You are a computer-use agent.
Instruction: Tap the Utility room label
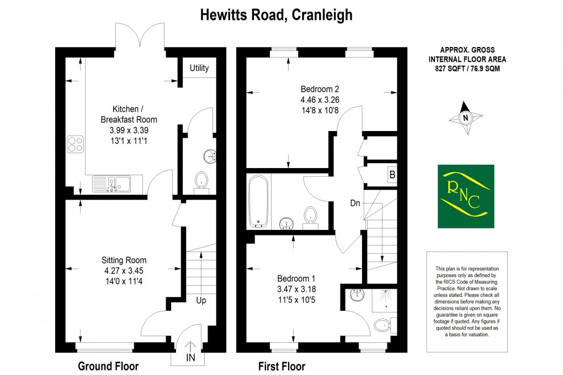(199, 68)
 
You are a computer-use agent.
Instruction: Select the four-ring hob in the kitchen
(76, 144)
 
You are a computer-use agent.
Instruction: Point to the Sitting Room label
(124, 260)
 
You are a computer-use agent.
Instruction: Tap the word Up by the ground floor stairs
(201, 300)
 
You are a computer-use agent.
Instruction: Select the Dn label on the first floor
(355, 203)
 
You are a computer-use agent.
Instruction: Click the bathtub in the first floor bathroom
(258, 201)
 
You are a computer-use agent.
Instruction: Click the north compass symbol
(465, 117)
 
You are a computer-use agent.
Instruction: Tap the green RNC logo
(466, 196)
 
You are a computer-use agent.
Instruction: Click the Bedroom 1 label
(296, 278)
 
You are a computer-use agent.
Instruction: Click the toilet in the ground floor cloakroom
(202, 181)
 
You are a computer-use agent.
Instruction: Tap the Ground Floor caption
(108, 366)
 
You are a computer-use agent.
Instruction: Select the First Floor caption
(281, 366)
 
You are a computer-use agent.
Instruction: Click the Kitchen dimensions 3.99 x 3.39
(129, 130)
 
